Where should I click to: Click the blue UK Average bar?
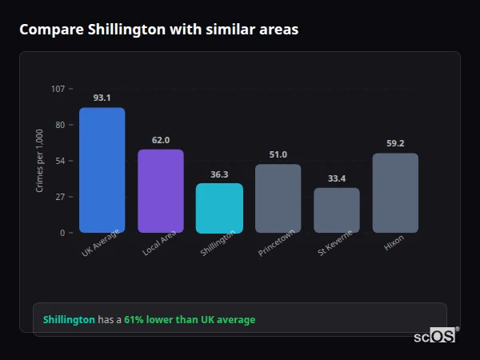tap(102, 170)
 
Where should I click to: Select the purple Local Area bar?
tap(161, 191)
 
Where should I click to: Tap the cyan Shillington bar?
tap(219, 208)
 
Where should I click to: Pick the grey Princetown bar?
tap(278, 198)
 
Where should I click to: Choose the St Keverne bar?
tap(337, 210)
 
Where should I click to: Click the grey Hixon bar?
tap(395, 193)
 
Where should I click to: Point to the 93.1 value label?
tap(102, 98)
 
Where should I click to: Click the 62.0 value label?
tap(161, 140)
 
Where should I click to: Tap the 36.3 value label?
tap(219, 174)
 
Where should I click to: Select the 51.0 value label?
tap(278, 154)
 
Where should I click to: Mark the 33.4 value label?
tap(337, 178)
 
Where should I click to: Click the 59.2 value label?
tap(395, 143)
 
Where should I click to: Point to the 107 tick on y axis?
tap(58, 89)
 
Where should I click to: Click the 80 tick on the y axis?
tap(59, 125)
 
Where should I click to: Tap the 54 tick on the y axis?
tap(59, 161)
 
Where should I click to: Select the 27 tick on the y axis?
tap(59, 197)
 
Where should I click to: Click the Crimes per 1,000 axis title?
tap(40, 161)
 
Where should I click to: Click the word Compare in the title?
tap(47, 30)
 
